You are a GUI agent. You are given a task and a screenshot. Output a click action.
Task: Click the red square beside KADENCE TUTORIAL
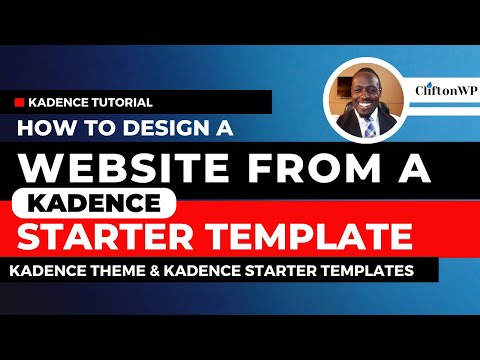[x=20, y=102]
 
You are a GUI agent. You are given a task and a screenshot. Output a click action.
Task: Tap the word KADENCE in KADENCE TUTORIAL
[x=60, y=102]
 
